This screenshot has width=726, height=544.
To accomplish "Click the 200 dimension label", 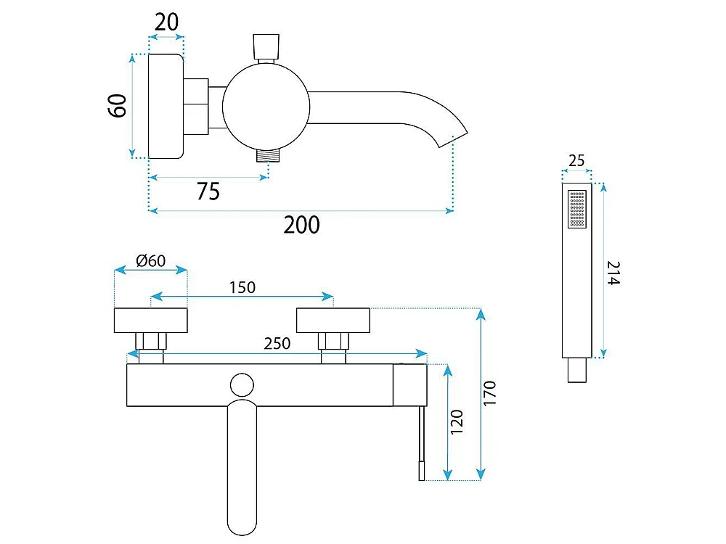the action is coord(301,225).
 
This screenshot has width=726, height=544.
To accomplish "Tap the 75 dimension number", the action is coord(208,191).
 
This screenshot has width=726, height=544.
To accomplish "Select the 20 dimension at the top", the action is coord(166,22).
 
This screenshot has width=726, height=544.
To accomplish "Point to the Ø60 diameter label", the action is coord(151,261).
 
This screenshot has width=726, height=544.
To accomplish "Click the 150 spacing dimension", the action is coord(242,288).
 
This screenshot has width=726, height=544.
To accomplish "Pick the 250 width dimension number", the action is coord(277,344).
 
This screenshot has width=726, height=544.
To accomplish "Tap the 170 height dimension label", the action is coord(489,394).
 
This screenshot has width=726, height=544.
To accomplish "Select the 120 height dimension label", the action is coord(457,421).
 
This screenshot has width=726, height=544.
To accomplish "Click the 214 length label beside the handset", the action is coord(613,273).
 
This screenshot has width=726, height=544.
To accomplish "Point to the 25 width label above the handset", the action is coord(576,160).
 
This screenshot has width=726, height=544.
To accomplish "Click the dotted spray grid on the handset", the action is coord(577,209).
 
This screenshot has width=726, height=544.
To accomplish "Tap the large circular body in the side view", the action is coord(266,107).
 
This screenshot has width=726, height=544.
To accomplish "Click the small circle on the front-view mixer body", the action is coord(242,385).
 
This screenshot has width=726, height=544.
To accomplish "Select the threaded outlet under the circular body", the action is coord(269,156).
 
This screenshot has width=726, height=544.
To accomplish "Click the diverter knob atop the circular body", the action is coord(266,46).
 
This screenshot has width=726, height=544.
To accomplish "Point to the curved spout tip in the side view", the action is coord(453,137).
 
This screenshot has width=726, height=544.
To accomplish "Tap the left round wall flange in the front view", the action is coord(150,320).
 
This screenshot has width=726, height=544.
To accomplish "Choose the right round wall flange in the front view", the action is coord(333,320).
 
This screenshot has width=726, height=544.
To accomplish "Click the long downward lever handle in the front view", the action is coord(242,467).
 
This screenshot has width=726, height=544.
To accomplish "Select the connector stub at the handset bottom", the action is coord(577,370).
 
